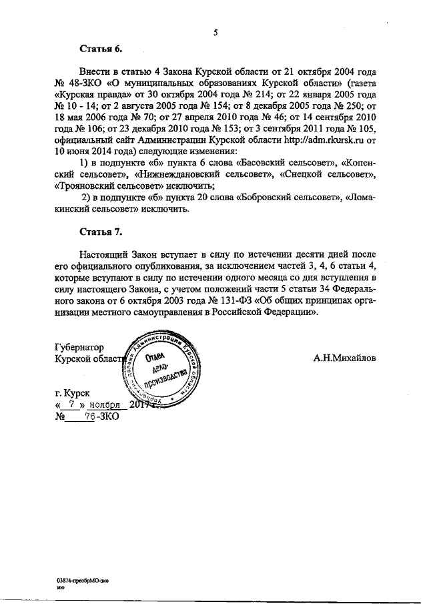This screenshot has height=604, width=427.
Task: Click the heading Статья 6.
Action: click(x=101, y=48)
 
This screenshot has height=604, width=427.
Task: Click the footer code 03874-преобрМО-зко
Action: click(x=83, y=581)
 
